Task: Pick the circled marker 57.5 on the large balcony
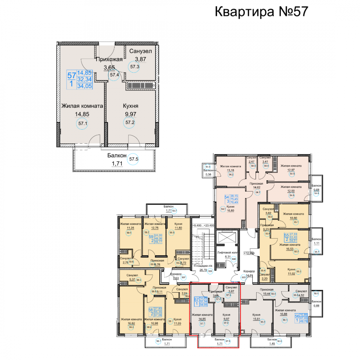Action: point(134,158)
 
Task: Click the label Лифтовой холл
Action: point(226,252)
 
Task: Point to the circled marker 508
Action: point(234,259)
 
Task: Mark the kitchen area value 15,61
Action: point(256,318)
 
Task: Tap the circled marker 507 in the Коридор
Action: point(183,278)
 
